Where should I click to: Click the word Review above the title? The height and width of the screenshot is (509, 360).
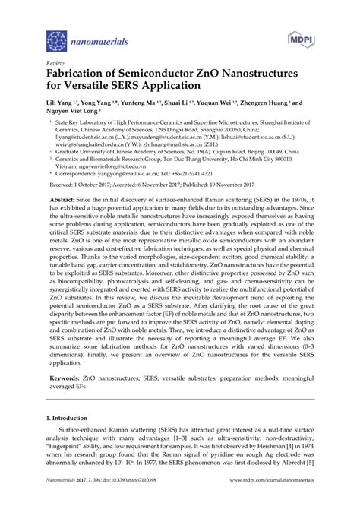(55, 64)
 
